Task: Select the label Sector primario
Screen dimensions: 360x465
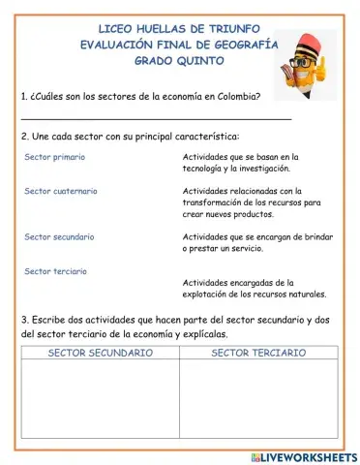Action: [54, 156]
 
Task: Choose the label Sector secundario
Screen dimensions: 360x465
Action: [59, 235]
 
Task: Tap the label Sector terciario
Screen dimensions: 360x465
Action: [55, 270]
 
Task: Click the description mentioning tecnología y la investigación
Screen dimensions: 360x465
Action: [242, 162]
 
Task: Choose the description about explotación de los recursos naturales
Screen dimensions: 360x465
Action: [254, 287]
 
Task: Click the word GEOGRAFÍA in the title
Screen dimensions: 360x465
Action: [241, 45]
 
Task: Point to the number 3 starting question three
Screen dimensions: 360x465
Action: [23, 319]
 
